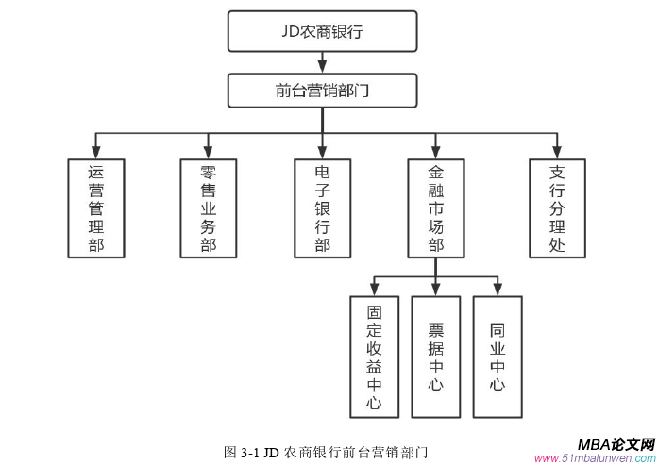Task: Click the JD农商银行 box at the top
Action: (322, 31)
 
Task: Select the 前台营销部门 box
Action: (322, 91)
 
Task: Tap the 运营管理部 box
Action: (95, 208)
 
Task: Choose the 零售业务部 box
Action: (209, 208)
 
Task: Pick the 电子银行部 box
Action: (322, 208)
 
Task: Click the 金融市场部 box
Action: (435, 208)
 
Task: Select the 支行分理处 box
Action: (557, 208)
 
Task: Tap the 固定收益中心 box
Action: (374, 356)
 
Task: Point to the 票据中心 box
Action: (435, 356)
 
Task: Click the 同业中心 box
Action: (497, 356)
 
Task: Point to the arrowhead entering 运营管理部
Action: (95, 152)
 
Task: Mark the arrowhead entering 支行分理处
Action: (557, 152)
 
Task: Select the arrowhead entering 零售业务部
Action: (209, 152)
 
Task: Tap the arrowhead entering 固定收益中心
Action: (374, 290)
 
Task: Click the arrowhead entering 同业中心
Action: (497, 290)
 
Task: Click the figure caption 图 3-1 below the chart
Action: (326, 451)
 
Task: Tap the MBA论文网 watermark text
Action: (616, 443)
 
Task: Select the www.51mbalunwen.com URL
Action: (595, 457)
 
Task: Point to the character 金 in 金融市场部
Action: (435, 174)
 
